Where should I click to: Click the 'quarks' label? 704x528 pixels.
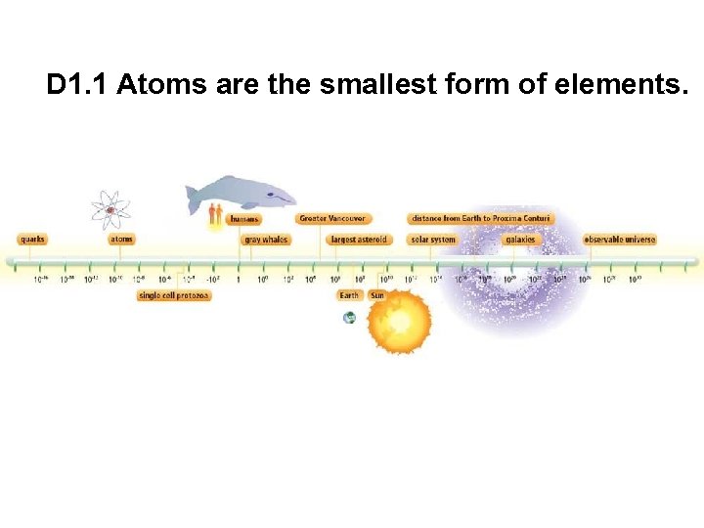pyautogui.click(x=32, y=240)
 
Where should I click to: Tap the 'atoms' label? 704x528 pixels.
pyautogui.click(x=121, y=240)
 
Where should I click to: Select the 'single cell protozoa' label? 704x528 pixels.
pyautogui.click(x=174, y=295)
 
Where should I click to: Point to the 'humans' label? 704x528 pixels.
pyautogui.click(x=244, y=219)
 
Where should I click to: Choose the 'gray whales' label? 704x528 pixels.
pyautogui.click(x=266, y=240)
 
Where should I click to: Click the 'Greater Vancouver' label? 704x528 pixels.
pyautogui.click(x=332, y=219)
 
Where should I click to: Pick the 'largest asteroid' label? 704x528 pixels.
pyautogui.click(x=359, y=240)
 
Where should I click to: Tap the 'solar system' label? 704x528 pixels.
pyautogui.click(x=433, y=240)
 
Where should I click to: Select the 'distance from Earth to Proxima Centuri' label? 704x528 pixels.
pyautogui.click(x=480, y=219)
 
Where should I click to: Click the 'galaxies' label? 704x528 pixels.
pyautogui.click(x=520, y=240)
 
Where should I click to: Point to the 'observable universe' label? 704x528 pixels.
pyautogui.click(x=620, y=240)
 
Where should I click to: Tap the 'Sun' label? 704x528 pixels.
pyautogui.click(x=376, y=295)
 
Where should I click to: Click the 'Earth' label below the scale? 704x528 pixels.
pyautogui.click(x=349, y=295)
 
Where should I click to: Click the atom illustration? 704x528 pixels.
pyautogui.click(x=110, y=209)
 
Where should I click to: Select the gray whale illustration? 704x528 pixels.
pyautogui.click(x=242, y=194)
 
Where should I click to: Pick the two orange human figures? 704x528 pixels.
pyautogui.click(x=216, y=214)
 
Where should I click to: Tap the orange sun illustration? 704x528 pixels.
pyautogui.click(x=398, y=324)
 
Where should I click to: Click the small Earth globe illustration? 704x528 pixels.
pyautogui.click(x=349, y=318)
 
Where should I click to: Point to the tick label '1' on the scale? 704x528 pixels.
pyautogui.click(x=238, y=280)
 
